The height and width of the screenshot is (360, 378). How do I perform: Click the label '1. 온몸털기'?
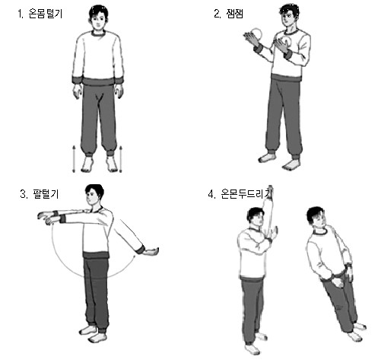click(40, 14)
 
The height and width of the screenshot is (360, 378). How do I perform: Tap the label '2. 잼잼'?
click(228, 14)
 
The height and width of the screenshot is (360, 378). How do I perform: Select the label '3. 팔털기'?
click(40, 194)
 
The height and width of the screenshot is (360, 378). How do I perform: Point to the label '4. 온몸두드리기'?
click(240, 194)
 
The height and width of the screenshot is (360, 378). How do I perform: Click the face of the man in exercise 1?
click(98, 21)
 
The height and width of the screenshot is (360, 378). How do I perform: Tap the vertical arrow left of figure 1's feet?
click(74, 159)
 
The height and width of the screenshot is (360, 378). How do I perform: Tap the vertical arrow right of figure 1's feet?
click(120, 159)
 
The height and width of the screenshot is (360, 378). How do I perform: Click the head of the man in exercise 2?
click(289, 14)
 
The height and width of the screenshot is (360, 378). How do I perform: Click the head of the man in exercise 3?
click(94, 195)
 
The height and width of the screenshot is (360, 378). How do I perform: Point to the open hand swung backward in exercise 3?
click(151, 252)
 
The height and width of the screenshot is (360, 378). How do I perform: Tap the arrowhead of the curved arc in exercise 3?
click(134, 256)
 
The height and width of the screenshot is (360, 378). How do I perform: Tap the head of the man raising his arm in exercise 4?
click(256, 218)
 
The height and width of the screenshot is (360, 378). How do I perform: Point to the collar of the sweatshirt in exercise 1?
click(98, 33)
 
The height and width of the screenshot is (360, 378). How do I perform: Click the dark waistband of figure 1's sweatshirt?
click(98, 81)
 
